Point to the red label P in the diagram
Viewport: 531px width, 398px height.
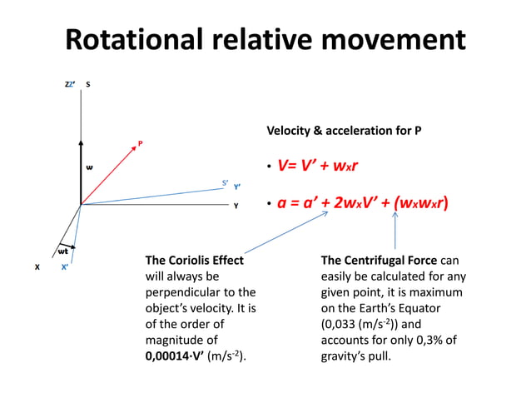pyautogui.click(x=140, y=144)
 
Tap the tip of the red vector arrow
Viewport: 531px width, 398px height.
pyautogui.click(x=135, y=148)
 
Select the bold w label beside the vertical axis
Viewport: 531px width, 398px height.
pyautogui.click(x=90, y=167)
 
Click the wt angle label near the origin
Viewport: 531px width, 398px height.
pyautogui.click(x=62, y=251)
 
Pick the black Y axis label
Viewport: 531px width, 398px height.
pyautogui.click(x=236, y=205)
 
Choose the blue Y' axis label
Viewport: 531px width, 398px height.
pyautogui.click(x=237, y=187)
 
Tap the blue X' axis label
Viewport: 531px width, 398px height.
pyautogui.click(x=65, y=267)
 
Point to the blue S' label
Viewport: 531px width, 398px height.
pyautogui.click(x=225, y=182)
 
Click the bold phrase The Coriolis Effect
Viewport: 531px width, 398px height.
pyautogui.click(x=195, y=261)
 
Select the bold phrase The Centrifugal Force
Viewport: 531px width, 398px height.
pyautogui.click(x=384, y=261)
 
